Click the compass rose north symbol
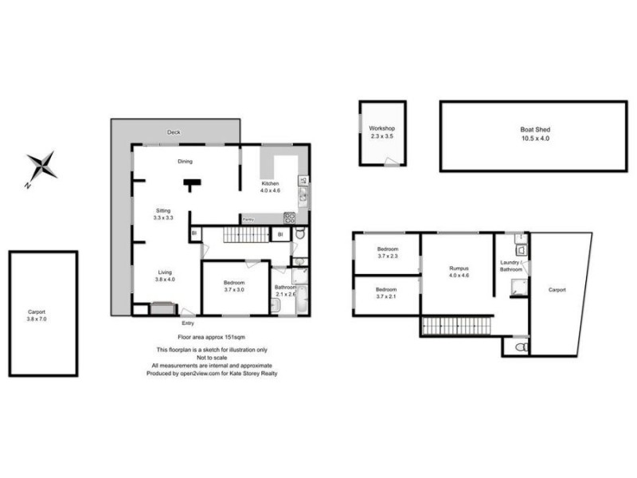(41, 167)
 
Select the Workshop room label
(381, 132)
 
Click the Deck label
(174, 132)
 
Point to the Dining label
(185, 161)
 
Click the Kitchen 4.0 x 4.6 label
(272, 187)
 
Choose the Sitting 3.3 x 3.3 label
(163, 214)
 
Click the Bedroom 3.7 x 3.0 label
(233, 286)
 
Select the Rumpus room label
(458, 272)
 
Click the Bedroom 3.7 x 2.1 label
(386, 292)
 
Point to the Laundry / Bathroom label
(510, 266)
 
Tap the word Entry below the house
(188, 323)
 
